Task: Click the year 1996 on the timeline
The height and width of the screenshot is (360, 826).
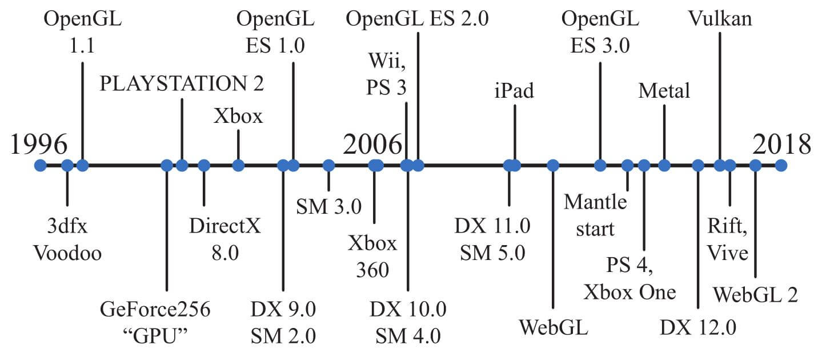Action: coord(39,145)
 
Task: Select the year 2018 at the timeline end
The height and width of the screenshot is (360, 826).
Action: coord(781,145)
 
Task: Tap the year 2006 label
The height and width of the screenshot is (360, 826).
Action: coord(372,145)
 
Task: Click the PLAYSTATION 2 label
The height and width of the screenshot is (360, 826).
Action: coord(182,85)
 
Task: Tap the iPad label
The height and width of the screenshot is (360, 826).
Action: coord(514,90)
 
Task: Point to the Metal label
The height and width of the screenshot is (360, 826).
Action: coord(664,90)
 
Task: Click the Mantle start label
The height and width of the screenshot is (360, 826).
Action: coord(596,215)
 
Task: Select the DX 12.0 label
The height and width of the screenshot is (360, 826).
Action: coord(698,327)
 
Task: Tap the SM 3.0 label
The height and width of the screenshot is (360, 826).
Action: coord(328,206)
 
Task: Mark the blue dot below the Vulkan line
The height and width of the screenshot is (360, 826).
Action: coord(720,166)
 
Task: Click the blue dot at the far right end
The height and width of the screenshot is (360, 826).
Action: coord(781,166)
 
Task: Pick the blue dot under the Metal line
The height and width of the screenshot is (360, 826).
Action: coord(664,166)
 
